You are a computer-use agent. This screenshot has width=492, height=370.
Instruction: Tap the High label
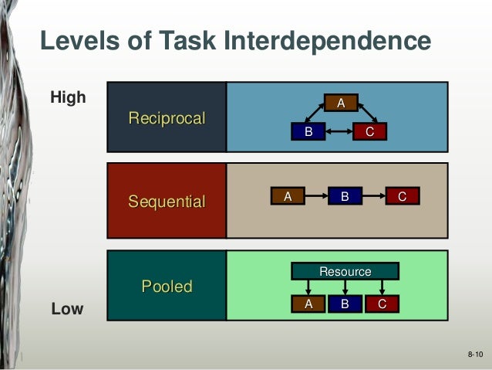pyautogui.click(x=68, y=98)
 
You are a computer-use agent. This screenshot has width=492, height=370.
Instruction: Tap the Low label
pyautogui.click(x=66, y=309)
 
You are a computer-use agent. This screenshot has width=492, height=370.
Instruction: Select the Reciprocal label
pyautogui.click(x=167, y=118)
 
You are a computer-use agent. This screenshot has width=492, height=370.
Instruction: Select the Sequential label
pyautogui.click(x=167, y=202)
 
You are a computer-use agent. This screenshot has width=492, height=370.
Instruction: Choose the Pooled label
pyautogui.click(x=167, y=287)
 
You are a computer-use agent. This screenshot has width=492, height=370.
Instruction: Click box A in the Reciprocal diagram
pyautogui.click(x=339, y=102)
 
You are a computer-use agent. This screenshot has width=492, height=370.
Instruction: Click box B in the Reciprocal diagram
pyautogui.click(x=308, y=132)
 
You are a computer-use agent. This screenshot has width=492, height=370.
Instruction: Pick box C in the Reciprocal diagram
pyautogui.click(x=369, y=132)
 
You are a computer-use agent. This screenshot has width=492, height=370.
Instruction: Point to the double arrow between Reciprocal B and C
pyautogui.click(x=339, y=133)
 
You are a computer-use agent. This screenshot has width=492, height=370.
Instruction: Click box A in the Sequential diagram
pyautogui.click(x=287, y=197)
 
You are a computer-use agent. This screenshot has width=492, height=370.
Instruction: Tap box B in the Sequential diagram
pyautogui.click(x=345, y=197)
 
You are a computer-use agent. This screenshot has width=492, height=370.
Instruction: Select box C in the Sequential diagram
pyautogui.click(x=402, y=197)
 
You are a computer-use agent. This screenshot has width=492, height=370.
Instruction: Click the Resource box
pyautogui.click(x=345, y=271)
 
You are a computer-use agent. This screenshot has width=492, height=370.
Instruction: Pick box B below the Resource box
pyautogui.click(x=345, y=304)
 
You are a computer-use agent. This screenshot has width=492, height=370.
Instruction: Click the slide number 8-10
pyautogui.click(x=474, y=354)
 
